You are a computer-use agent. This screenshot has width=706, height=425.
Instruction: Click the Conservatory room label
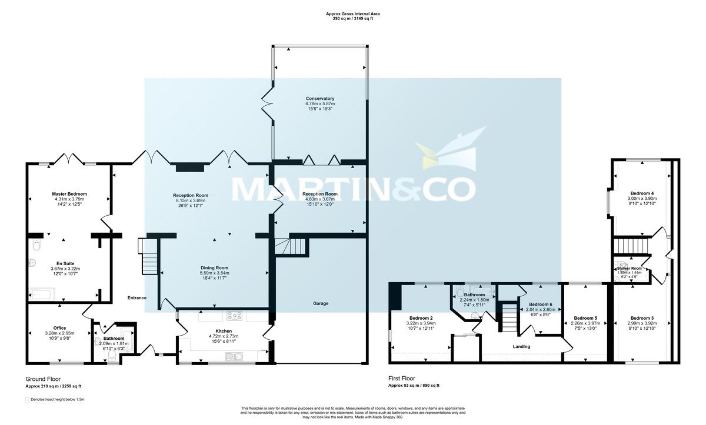320,98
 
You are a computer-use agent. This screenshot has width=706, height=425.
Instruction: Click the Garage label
321,303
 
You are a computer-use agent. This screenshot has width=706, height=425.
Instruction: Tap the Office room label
59,327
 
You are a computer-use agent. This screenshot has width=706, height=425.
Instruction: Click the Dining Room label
214,267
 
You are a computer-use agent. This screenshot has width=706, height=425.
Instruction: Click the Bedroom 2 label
421,318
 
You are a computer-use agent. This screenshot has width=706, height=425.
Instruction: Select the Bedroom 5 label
585,317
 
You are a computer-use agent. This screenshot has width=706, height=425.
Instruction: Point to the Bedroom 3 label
642,318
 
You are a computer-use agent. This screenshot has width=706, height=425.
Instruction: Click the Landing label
521,346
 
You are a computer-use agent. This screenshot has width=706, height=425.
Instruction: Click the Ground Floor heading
43,379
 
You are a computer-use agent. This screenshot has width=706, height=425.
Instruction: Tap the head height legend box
27,400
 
